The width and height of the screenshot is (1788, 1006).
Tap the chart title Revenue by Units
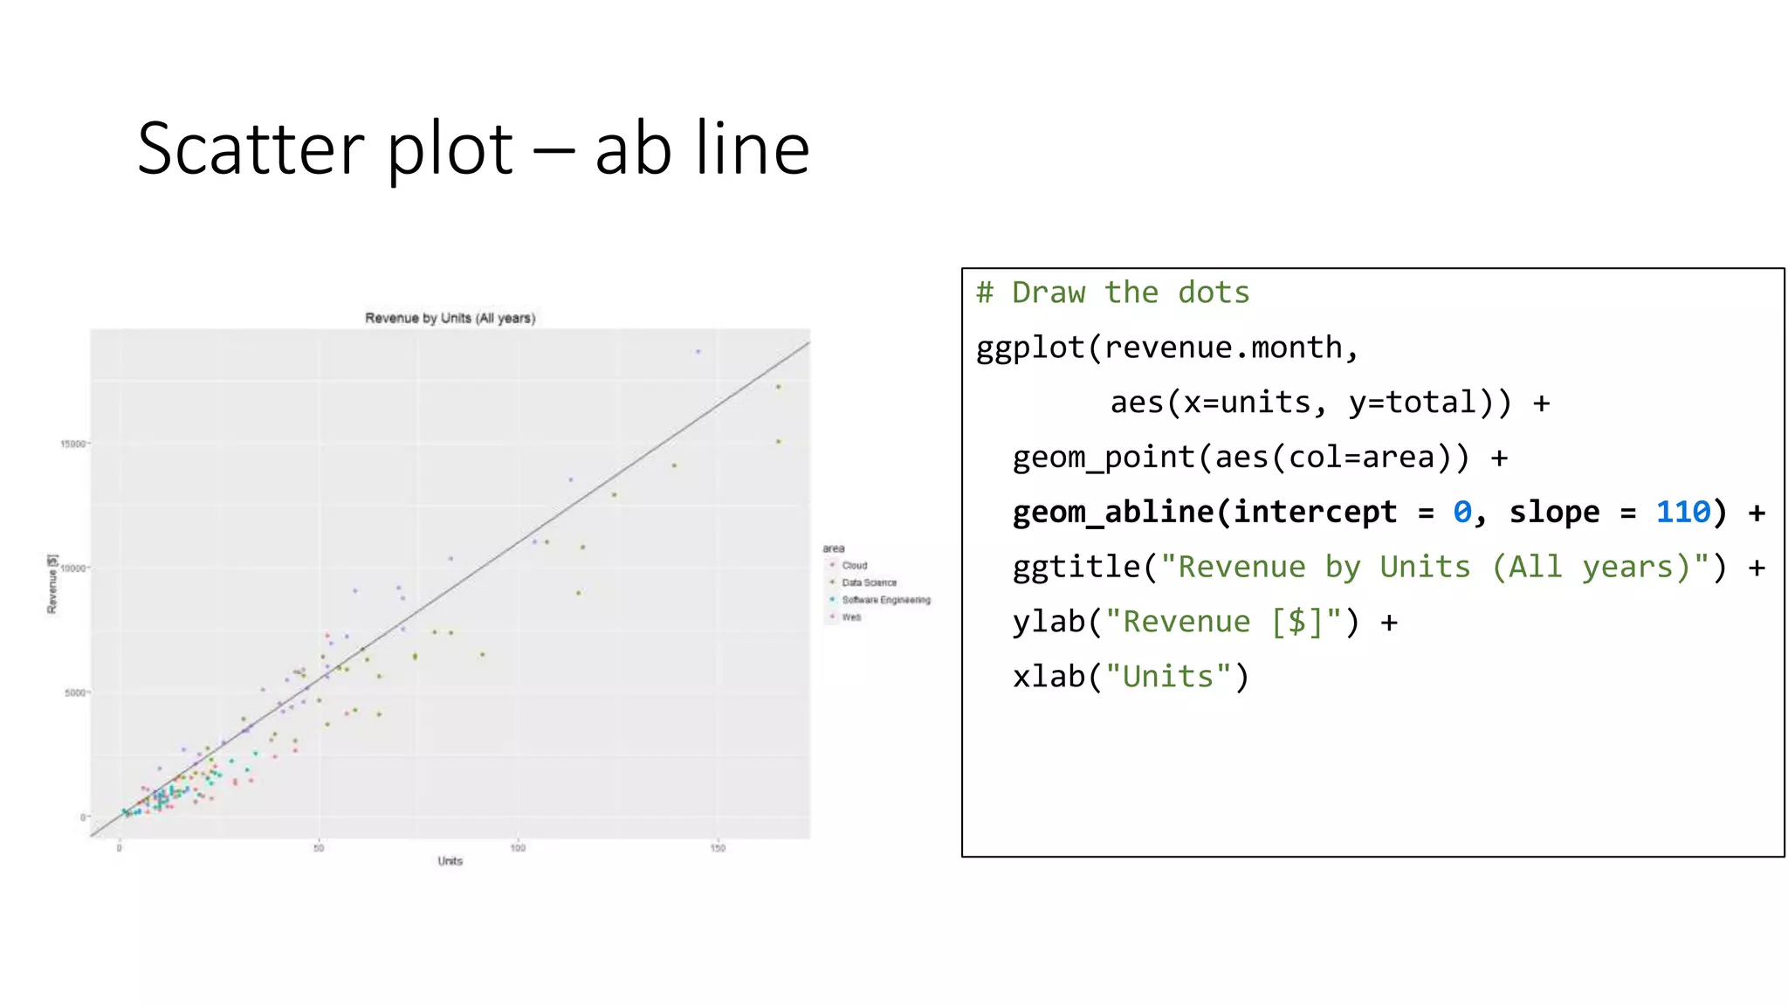450,318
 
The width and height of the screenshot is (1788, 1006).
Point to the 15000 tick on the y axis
73,444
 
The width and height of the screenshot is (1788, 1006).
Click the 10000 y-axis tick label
73,568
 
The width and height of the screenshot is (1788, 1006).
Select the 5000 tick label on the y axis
76,692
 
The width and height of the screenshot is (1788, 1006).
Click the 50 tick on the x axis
319,848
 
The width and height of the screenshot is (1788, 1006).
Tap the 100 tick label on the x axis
518,848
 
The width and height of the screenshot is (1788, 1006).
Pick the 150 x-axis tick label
717,848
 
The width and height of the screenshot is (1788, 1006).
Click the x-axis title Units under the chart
450,861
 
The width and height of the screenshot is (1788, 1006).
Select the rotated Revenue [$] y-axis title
52,583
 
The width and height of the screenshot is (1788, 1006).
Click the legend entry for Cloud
854,566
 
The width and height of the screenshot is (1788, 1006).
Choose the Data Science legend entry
868,582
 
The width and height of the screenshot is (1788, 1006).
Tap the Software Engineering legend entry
885,600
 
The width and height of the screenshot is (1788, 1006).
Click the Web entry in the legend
851,617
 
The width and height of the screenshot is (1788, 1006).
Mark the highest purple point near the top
698,352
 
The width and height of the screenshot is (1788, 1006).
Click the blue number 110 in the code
1682,512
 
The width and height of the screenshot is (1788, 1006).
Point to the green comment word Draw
1048,293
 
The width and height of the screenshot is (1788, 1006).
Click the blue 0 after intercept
1461,512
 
